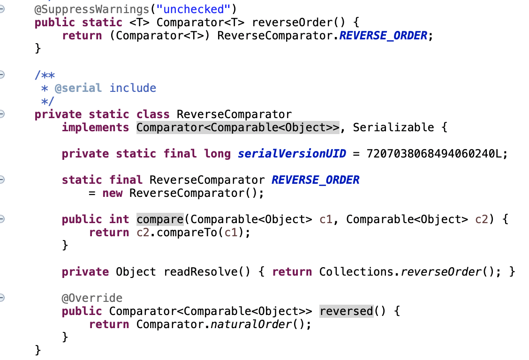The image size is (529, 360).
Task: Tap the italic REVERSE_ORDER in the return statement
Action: [x=383, y=36]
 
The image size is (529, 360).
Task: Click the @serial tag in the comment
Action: [x=78, y=88]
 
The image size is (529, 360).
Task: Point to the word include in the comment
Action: [x=133, y=88]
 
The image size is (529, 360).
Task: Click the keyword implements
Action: [x=95, y=127]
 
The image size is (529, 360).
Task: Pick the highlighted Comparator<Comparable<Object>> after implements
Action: [x=238, y=127]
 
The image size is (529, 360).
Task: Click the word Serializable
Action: [x=393, y=127]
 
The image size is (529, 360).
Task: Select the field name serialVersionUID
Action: [x=292, y=154]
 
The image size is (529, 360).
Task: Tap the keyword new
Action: [x=113, y=193]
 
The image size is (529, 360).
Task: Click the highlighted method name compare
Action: [x=160, y=219]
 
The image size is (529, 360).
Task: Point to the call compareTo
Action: [x=183, y=232]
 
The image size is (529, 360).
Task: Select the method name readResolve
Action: [x=197, y=272]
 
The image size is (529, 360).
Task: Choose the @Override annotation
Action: [x=92, y=298]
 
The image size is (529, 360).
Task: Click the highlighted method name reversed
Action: [x=346, y=311]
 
